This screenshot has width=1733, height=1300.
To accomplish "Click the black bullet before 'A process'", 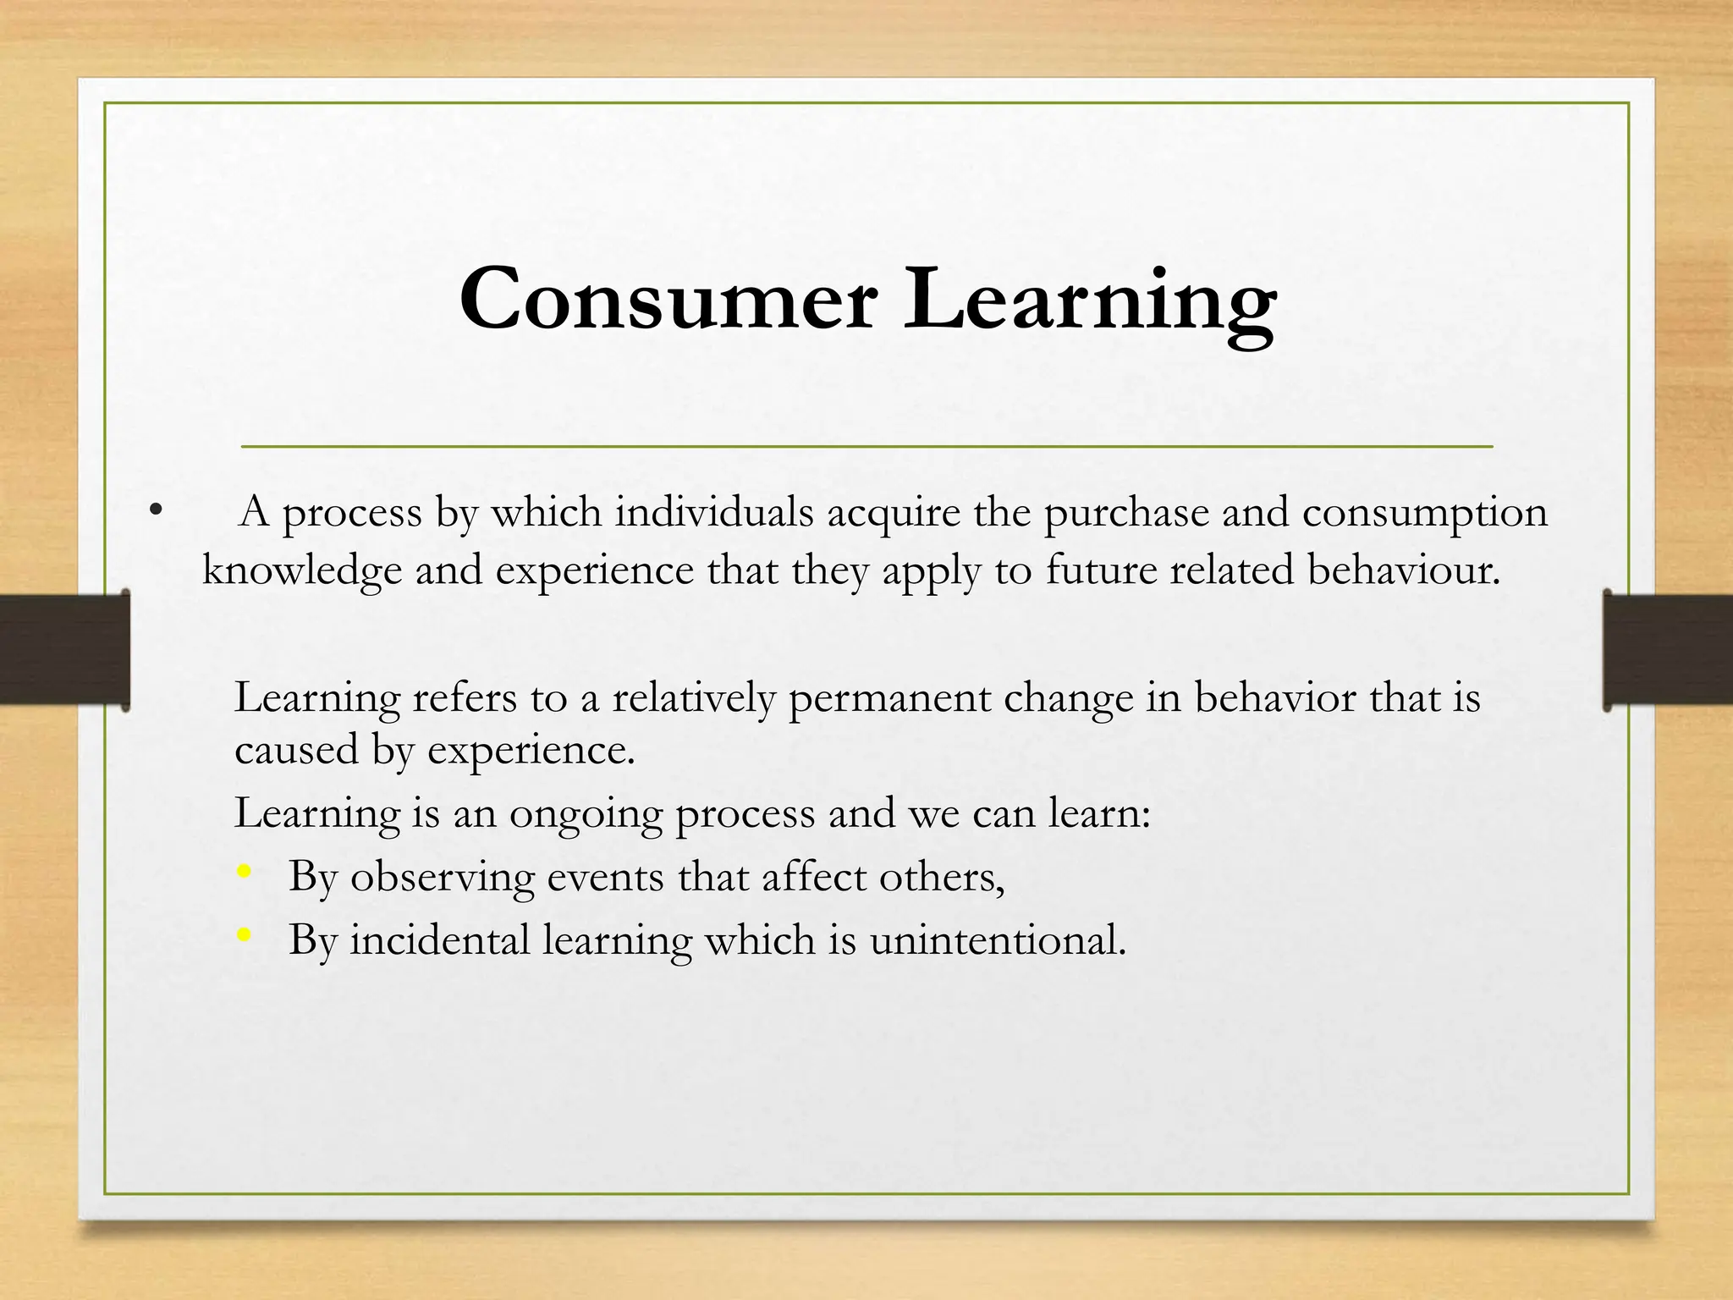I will click(153, 510).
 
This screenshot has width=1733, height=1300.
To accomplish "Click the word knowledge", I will click(301, 570).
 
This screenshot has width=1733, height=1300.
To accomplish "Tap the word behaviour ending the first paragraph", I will click(1402, 570).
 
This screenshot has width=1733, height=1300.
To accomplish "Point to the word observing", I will click(443, 878).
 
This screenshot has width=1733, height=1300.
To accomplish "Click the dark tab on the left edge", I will click(64, 649).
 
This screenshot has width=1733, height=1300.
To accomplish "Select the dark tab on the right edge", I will click(1667, 649).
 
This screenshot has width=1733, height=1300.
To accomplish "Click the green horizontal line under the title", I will click(866, 445).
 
